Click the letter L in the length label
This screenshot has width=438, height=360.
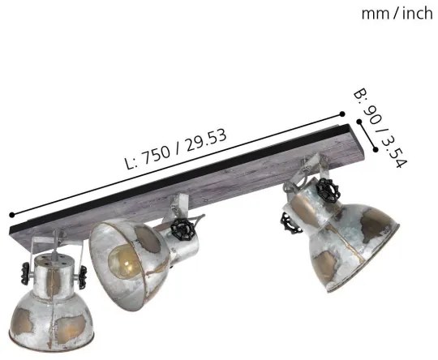pos(131,163)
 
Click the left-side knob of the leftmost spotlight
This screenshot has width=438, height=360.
pos(25,270)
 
